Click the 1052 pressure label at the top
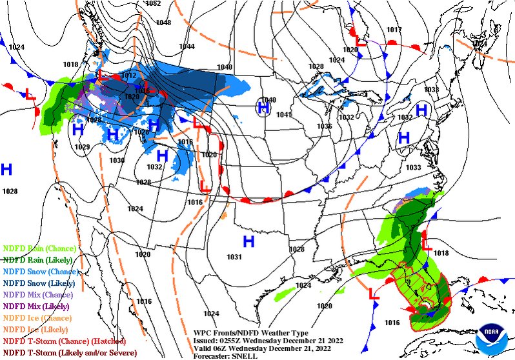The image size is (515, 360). pos(153,3)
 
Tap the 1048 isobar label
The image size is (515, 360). pos(163,23)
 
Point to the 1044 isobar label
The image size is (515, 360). pos(187,46)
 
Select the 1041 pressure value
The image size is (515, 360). pos(284,115)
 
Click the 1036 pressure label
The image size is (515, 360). pos(324,126)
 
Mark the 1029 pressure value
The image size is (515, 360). pos(82,147)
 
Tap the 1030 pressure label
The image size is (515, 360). pos(117,160)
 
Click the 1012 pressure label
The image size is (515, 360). pos(129,75)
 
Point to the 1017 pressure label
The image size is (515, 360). pos(394,30)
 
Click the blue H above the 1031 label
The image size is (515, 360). pos(248,242)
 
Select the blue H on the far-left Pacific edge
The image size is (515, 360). pos(6,170)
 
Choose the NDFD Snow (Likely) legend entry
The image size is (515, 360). pos(39,283)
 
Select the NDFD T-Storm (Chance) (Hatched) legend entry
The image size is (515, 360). pos(64,341)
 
